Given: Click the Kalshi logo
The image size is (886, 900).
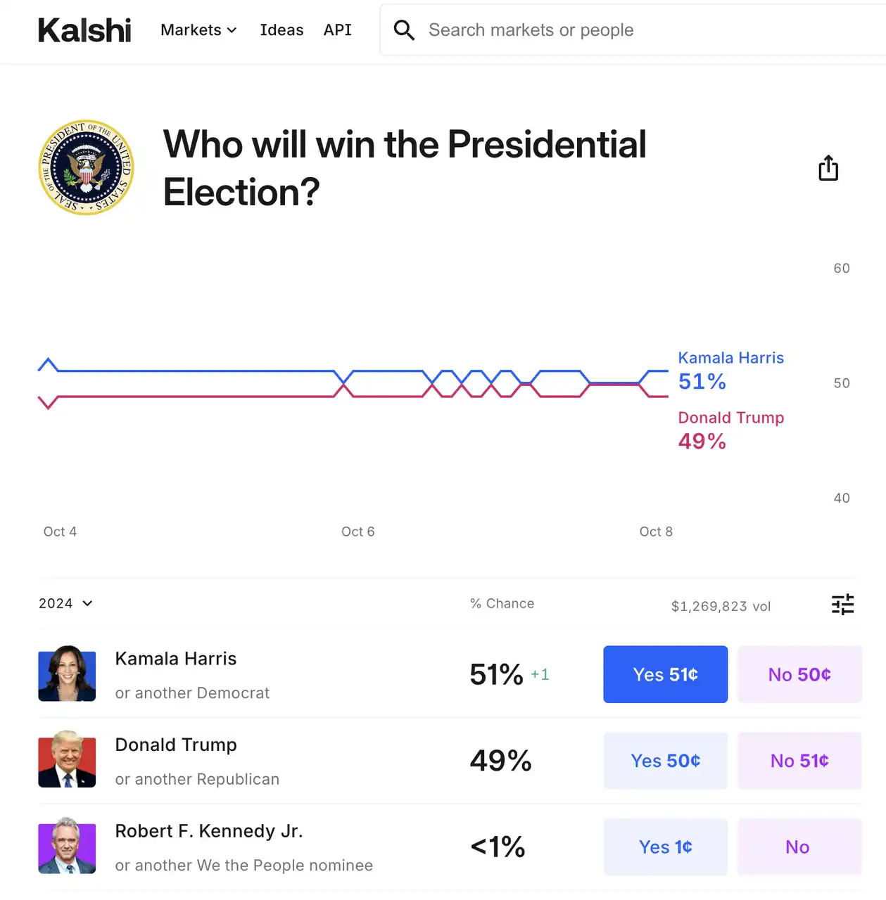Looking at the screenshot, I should point(84,30).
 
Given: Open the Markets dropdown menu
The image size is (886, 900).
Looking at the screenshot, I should point(198,30).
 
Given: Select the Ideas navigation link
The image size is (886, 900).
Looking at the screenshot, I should point(281,30).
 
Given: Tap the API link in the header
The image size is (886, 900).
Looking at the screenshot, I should point(337,30).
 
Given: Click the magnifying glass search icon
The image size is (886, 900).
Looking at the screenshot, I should point(404,30).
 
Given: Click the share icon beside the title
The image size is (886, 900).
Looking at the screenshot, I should point(828,168).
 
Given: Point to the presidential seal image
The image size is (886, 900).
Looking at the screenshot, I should point(86,167).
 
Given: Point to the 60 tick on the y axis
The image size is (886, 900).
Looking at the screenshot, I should point(841,269).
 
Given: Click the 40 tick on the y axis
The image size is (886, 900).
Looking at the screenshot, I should point(841,498).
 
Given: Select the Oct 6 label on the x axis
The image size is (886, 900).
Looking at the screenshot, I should point(357,532).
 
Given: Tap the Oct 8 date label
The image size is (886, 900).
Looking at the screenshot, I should point(655,532).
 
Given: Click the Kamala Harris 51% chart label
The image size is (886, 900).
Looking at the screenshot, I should point(730,370).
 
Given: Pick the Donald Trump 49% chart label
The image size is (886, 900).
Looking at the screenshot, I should point(730,430).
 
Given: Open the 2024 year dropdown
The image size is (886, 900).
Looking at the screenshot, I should point(65,603).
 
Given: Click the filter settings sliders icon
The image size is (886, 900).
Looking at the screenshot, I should point(842,604).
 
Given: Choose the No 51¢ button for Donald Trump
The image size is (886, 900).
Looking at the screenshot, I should point(799,761).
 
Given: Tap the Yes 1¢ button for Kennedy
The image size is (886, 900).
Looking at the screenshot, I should point(665,847).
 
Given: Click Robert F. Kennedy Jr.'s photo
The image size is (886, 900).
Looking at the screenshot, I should point(67,846).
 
